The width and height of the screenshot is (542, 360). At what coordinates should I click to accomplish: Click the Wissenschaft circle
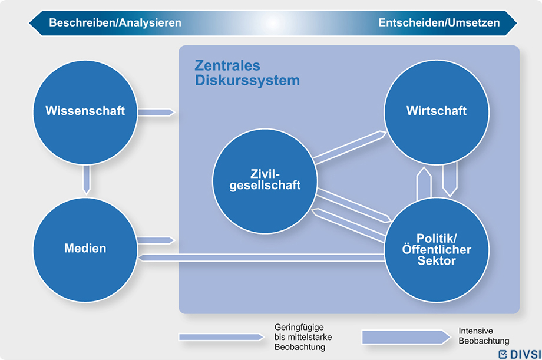tap(85, 113)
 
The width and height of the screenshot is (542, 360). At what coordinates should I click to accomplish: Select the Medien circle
tap(85, 250)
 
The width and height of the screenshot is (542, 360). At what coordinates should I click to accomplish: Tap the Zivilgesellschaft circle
tap(265, 181)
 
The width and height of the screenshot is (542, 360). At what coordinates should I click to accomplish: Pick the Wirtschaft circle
tap(437, 113)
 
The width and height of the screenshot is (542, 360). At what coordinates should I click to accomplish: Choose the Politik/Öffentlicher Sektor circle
tap(437, 250)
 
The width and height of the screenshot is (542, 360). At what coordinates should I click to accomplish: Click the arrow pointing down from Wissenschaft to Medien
tap(87, 180)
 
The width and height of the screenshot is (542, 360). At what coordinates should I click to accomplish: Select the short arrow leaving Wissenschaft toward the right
tap(156, 112)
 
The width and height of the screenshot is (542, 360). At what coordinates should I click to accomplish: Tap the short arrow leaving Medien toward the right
tap(156, 240)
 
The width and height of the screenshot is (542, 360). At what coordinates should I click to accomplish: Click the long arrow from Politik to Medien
tap(262, 257)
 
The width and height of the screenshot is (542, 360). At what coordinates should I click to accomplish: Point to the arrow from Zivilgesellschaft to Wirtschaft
tap(349, 147)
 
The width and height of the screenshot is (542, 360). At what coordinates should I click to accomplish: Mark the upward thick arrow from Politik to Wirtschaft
tap(424, 184)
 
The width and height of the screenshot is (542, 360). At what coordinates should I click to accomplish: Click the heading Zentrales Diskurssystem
tap(247, 72)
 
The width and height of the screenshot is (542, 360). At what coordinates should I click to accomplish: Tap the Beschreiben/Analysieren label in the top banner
tap(115, 22)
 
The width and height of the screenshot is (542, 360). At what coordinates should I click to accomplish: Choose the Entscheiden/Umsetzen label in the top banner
tap(439, 22)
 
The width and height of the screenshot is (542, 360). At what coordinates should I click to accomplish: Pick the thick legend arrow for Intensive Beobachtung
tap(406, 337)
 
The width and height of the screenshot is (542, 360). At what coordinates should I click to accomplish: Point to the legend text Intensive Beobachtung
tap(484, 336)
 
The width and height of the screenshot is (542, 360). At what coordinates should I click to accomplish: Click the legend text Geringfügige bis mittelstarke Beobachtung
tap(303, 337)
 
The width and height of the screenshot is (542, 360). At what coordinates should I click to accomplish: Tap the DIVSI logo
tap(520, 354)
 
